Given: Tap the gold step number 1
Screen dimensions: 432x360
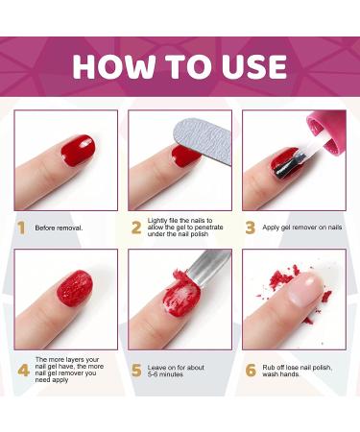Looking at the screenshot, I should tap(20, 228).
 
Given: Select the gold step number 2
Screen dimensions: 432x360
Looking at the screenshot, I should tap(135, 228).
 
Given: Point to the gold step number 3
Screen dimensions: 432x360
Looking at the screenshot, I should tap(250, 228).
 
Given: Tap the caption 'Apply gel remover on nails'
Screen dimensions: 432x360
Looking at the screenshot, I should tap(302, 228).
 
